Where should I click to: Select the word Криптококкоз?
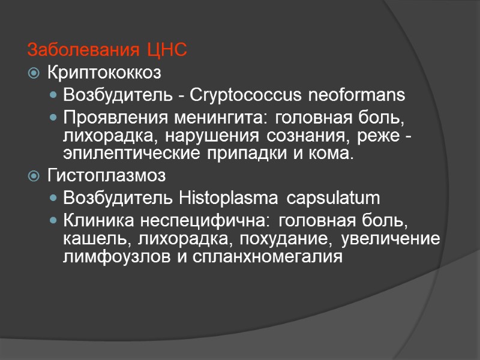104,73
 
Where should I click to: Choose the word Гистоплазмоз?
106,176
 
